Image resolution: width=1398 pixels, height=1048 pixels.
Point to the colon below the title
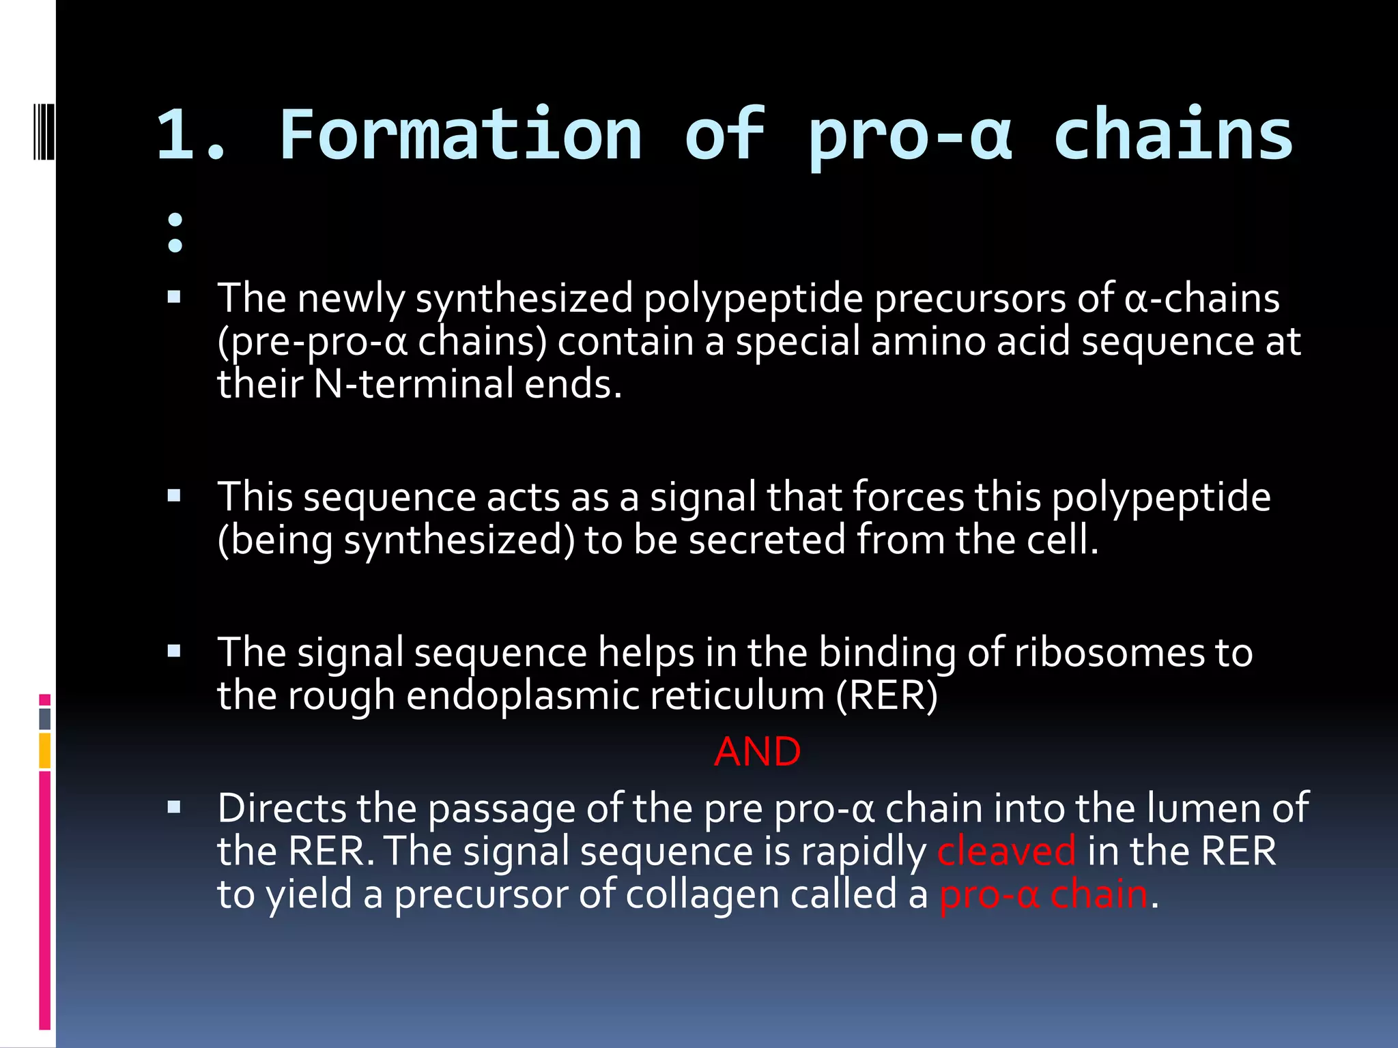click(175, 232)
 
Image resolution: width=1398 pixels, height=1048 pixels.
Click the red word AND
click(757, 752)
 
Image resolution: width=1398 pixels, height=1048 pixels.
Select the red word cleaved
click(1006, 851)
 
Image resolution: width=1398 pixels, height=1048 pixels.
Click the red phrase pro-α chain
click(1044, 894)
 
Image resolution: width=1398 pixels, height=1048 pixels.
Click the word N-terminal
click(413, 384)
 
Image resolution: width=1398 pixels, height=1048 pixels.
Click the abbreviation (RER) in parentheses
click(887, 696)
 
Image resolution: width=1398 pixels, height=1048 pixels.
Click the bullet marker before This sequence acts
click(174, 496)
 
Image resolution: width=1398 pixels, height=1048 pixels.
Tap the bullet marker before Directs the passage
click(174, 808)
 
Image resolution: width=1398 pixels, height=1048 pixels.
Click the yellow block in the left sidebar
click(45, 750)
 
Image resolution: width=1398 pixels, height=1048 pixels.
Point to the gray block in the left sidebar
click(45, 718)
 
